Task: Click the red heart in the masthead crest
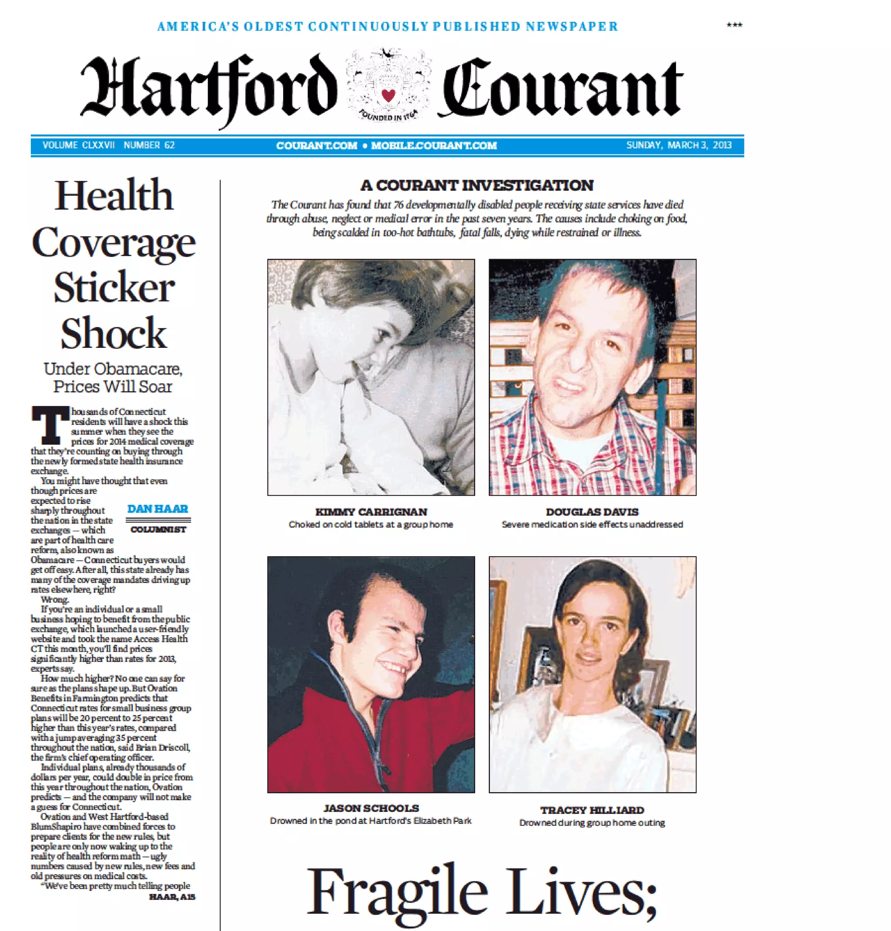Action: click(388, 95)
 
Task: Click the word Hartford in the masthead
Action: click(209, 88)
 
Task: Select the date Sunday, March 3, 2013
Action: click(679, 145)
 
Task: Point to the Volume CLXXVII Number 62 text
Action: click(108, 145)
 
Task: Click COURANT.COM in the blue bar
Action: click(316, 146)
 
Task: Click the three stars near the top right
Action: click(734, 25)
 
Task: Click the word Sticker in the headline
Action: click(114, 288)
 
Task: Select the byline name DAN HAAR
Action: click(157, 509)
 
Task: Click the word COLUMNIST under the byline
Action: click(158, 529)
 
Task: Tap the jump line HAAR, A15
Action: click(172, 897)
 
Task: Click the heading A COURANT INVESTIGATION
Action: click(477, 185)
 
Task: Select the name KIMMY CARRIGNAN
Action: click(371, 512)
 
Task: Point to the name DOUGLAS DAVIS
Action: click(592, 512)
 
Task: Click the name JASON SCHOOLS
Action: click(371, 808)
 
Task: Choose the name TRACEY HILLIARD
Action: click(592, 810)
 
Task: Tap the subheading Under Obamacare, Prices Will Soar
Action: click(113, 377)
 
